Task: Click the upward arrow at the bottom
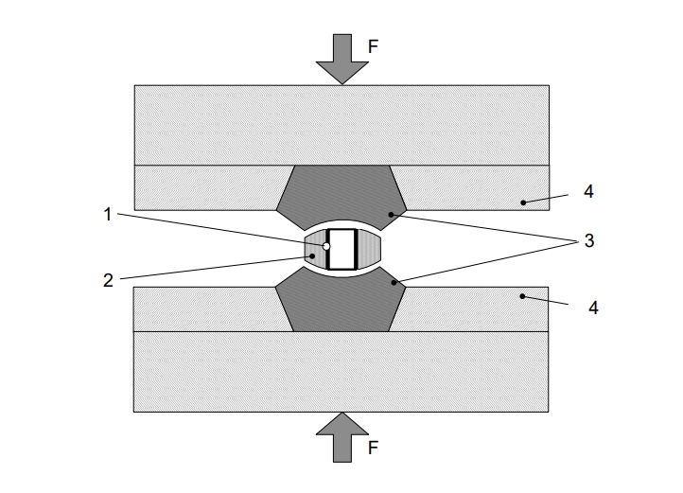tap(341, 438)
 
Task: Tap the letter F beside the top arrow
tap(373, 44)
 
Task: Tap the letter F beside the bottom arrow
tap(373, 449)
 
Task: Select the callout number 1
tap(108, 214)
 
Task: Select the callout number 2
tap(108, 279)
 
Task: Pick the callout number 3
tap(588, 241)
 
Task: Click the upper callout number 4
tap(588, 191)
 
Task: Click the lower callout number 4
tap(593, 308)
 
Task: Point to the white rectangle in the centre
tap(341, 249)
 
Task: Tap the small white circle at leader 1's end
tap(326, 246)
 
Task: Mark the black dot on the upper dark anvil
tap(390, 215)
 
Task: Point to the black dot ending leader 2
tap(313, 255)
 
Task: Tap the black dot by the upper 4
tap(522, 202)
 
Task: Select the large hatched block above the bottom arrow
tap(341, 371)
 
